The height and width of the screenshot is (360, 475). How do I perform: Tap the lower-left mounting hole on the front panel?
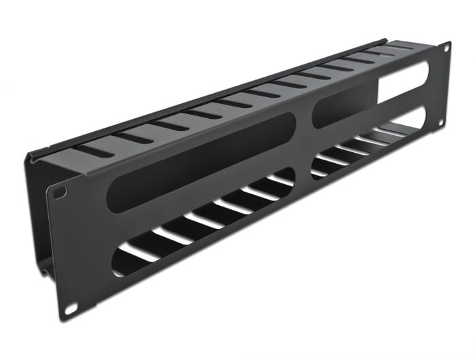70,307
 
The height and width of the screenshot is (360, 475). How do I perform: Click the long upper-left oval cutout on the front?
200,162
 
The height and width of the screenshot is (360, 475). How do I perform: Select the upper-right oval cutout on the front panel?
370,94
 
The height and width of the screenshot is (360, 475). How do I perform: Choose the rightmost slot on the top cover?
400,48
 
